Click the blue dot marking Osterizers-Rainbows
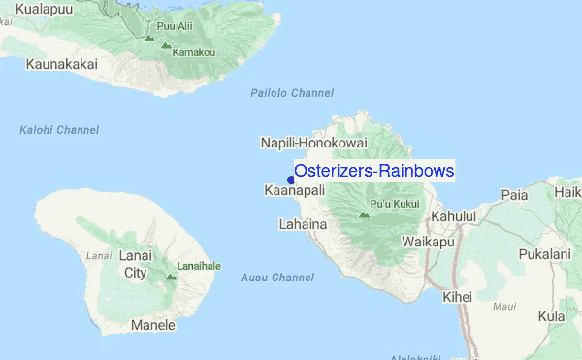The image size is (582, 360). [x=291, y=178]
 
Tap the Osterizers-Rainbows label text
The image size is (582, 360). [x=374, y=171]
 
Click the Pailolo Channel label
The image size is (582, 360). [x=292, y=93]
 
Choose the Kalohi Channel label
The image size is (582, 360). [x=59, y=130]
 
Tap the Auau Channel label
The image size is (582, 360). [x=277, y=278]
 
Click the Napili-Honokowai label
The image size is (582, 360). [x=313, y=143]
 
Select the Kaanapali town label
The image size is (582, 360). [x=294, y=191]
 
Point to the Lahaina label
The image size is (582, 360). [x=302, y=224]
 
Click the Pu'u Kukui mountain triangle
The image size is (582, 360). [x=364, y=214]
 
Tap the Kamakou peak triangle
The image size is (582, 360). [x=166, y=45]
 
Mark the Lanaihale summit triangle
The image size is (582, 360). [x=171, y=277]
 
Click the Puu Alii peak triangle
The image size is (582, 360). [x=148, y=38]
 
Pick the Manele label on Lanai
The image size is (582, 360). [x=153, y=325]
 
